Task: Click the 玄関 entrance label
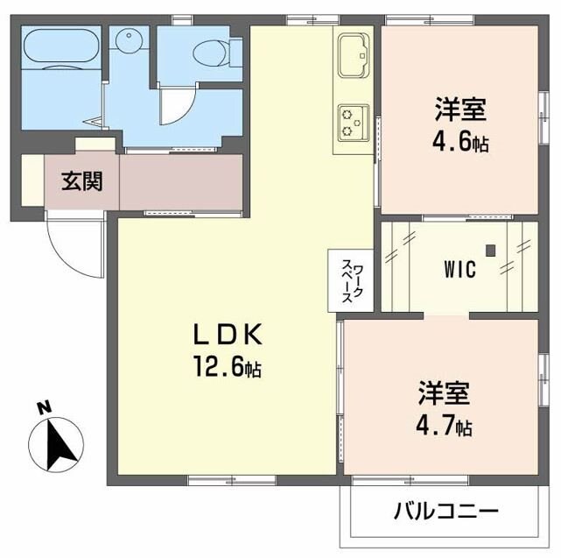(x=81, y=181)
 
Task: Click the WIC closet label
(x=458, y=270)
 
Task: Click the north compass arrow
(x=56, y=442)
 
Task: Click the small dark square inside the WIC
(x=491, y=251)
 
